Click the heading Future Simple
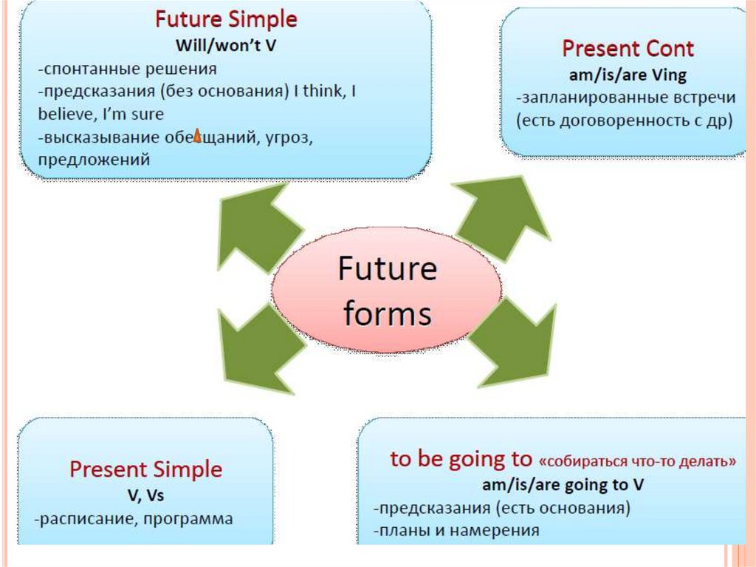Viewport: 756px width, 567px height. (x=225, y=19)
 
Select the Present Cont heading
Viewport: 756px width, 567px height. (x=628, y=49)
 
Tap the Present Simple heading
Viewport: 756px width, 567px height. (x=145, y=469)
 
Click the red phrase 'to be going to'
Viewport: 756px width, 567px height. (x=460, y=459)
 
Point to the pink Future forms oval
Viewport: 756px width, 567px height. (x=386, y=290)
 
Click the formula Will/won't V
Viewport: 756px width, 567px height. (x=226, y=44)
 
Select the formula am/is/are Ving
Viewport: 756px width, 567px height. (x=628, y=74)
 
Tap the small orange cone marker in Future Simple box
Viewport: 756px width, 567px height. (x=197, y=136)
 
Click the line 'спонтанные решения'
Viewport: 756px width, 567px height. (x=128, y=69)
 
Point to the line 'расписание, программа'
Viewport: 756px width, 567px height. (x=134, y=519)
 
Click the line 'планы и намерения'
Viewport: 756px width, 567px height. (x=456, y=530)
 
